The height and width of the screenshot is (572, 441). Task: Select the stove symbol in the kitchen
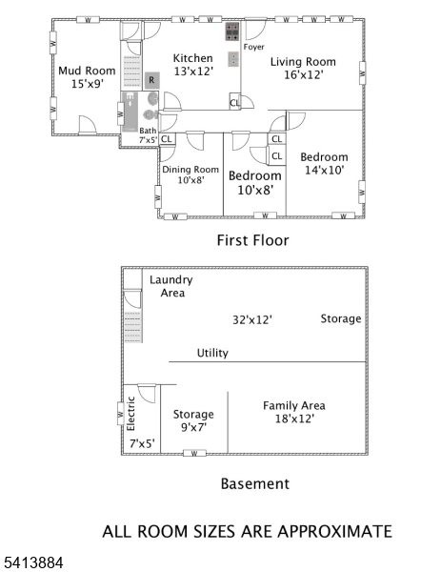[231, 32]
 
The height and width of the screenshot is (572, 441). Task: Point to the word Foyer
[254, 46]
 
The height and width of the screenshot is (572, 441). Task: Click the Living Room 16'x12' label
[303, 69]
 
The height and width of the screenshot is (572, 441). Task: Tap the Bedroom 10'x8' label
[254, 182]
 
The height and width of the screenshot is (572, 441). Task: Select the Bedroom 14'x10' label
[324, 163]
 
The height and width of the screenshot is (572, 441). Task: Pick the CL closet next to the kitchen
[234, 103]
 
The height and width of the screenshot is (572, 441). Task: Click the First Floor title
[252, 240]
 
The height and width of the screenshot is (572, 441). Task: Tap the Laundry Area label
[170, 286]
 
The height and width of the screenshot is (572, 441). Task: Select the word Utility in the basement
[212, 353]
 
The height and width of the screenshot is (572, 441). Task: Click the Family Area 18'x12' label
[293, 412]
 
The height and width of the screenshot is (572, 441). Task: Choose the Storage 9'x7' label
[193, 420]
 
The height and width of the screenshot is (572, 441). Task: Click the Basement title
[254, 483]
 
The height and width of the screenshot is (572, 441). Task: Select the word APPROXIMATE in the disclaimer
[332, 531]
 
